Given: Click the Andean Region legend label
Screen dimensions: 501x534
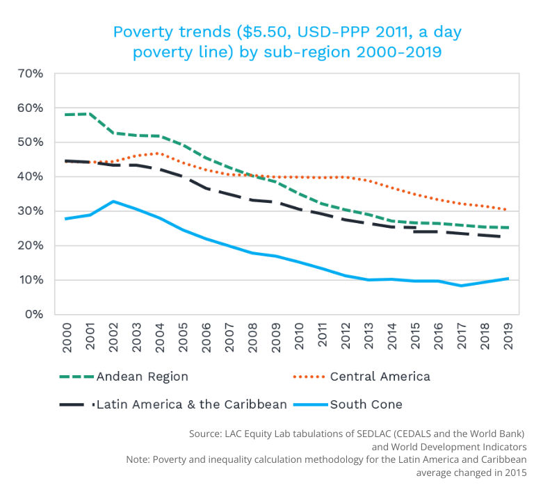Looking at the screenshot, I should (x=142, y=377).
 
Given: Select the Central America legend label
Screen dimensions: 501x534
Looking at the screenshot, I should (x=380, y=377).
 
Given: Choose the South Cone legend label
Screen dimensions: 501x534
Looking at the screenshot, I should (x=366, y=404).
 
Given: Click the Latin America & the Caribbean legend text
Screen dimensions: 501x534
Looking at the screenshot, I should (x=191, y=404).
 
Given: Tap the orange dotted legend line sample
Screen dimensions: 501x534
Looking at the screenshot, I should (x=309, y=377).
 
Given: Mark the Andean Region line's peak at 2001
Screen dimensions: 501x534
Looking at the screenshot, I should (x=90, y=113).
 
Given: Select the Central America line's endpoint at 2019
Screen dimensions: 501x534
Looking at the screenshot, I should (x=506, y=210).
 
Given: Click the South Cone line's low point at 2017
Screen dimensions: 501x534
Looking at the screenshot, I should (x=460, y=286).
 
